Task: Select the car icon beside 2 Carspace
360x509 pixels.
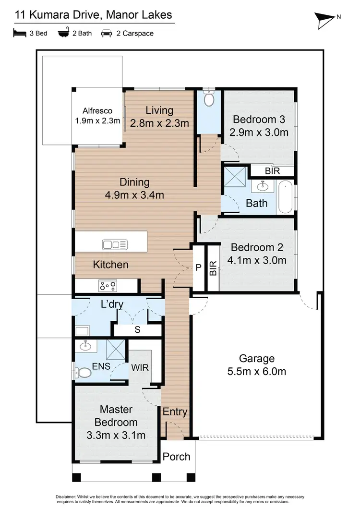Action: [106, 34]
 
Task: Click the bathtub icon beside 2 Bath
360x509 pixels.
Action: [63, 34]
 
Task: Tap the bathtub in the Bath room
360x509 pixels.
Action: [285, 197]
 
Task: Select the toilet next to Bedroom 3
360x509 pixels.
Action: [209, 98]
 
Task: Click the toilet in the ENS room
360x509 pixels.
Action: [84, 373]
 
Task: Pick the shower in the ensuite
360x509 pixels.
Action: [116, 349]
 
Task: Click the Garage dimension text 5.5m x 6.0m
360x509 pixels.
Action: [257, 371]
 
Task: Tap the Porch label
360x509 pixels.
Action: [176, 456]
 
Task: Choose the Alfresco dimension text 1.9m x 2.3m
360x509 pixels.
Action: [97, 121]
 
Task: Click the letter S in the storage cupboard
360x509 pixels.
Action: [138, 330]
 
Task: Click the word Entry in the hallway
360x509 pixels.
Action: [175, 412]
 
